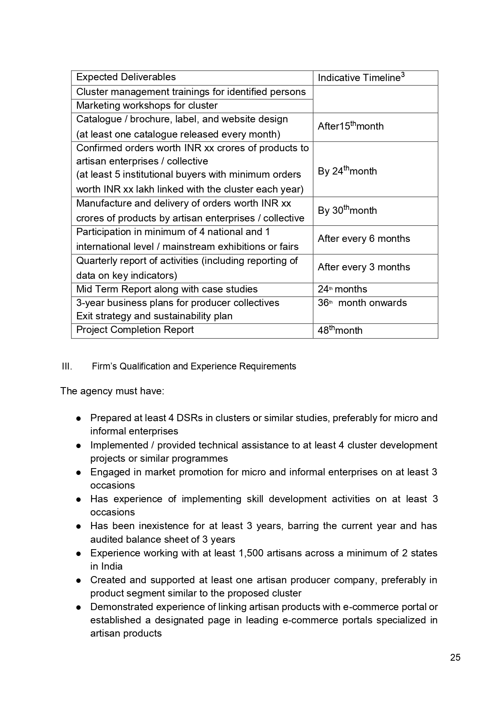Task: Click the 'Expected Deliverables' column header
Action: pos(126,77)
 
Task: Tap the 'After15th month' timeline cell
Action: pos(350,126)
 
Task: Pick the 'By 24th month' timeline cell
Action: pos(347,171)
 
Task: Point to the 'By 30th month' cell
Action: pos(347,211)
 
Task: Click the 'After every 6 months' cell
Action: pos(364,239)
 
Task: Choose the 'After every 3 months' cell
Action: pos(364,267)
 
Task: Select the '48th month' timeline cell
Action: pos(340,330)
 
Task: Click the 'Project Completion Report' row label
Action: pos(135,330)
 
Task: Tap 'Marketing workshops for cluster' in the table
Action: pos(147,105)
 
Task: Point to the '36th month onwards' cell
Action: pos(362,303)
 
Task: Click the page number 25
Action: pos(455,657)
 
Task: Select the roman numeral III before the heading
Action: pos(67,366)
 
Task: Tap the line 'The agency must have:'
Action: pos(112,391)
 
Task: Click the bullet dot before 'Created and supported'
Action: pos(79,580)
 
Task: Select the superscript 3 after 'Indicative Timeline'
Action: pos(402,75)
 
